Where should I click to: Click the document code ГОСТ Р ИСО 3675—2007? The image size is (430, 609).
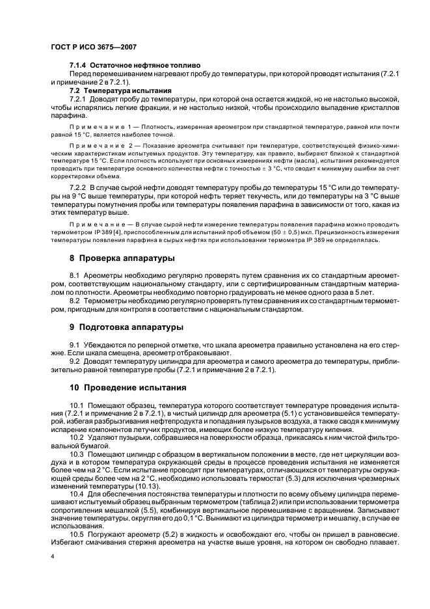92,47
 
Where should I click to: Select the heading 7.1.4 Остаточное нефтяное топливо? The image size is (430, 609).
135,65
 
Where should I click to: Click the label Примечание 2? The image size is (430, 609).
100,148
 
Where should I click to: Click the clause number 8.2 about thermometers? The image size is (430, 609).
75,301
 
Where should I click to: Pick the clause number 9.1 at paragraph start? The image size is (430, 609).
75,344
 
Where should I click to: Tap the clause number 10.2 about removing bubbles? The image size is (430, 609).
77,437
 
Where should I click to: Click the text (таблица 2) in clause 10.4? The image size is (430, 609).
263,502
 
